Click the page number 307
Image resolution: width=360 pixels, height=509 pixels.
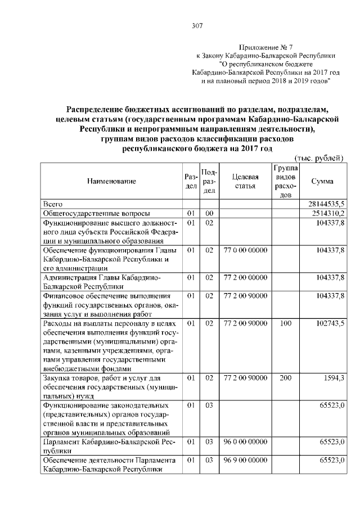pos(197,25)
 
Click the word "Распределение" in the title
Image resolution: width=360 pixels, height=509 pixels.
pos(97,109)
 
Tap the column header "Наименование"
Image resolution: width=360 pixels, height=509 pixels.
pos(111,181)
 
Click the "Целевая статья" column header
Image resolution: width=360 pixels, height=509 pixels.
pos(245,181)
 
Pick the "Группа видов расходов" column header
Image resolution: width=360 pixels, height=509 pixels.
pos(286,181)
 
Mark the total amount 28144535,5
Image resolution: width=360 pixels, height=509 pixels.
pos(326,204)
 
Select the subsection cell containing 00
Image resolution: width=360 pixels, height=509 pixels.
pos(209,214)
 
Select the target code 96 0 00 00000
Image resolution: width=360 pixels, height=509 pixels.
pos(245,442)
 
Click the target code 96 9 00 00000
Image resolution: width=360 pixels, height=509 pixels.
pos(245,460)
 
